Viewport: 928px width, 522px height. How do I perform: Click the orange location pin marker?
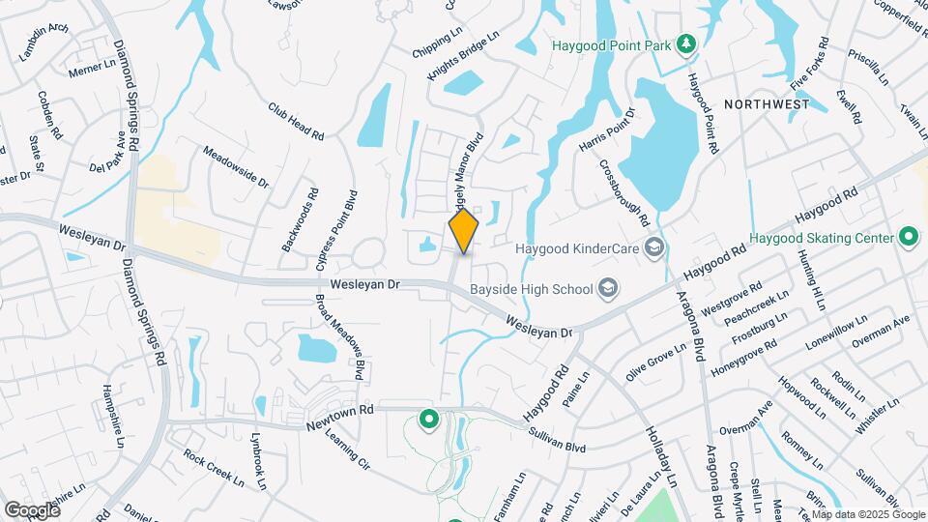464,230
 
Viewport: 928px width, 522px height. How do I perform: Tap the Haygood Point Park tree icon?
685,43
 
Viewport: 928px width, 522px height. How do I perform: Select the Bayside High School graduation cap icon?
608,287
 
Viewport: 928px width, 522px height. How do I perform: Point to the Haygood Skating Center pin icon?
908,236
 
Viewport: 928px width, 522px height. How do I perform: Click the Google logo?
32,509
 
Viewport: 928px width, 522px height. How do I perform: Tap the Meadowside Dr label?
235,165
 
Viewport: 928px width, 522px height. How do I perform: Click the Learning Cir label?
350,449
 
